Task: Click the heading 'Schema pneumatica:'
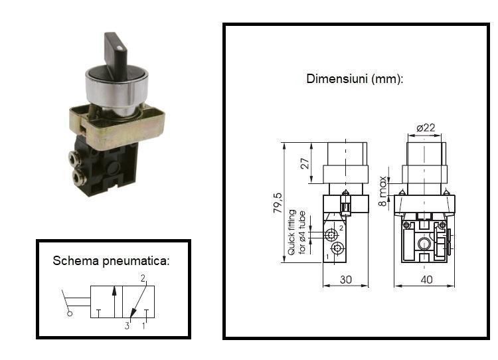pyautogui.click(x=111, y=261)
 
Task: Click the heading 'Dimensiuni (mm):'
pyautogui.click(x=355, y=79)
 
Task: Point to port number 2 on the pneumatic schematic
pyautogui.click(x=143, y=278)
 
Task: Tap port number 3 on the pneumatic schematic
pyautogui.click(x=127, y=326)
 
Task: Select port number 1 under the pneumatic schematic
pyautogui.click(x=143, y=326)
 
